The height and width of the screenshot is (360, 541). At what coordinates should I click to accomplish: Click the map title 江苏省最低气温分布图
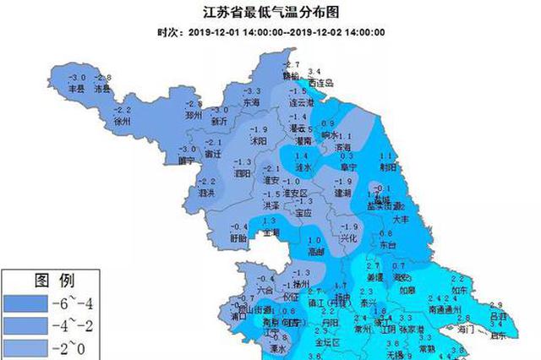[270, 13]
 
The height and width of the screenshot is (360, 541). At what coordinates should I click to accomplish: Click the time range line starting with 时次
[271, 33]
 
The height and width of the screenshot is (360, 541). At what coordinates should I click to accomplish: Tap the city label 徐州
[123, 121]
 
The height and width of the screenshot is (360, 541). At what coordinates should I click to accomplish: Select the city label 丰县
[76, 87]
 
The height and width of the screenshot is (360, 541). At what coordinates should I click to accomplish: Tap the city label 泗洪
[205, 193]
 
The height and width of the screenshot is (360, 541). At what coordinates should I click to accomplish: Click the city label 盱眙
[239, 238]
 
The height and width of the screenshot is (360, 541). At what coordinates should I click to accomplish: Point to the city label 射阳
[389, 166]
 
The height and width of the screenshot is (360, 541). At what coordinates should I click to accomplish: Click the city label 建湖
[342, 193]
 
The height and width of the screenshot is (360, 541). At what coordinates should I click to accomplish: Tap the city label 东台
[387, 243]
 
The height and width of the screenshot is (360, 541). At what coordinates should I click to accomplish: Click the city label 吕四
[498, 314]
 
